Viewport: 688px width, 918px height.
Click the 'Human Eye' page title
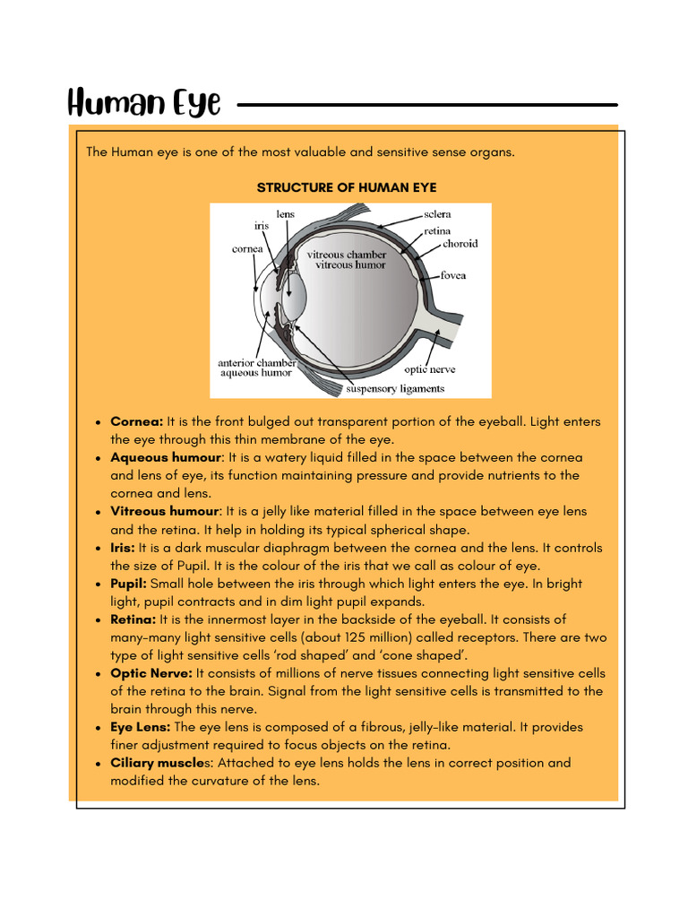pos(144,104)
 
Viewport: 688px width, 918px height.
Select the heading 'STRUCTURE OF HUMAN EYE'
pos(347,187)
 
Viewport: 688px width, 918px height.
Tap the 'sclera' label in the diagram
pos(437,214)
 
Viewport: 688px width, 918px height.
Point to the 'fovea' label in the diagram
pos(452,275)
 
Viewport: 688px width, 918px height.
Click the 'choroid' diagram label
pos(460,243)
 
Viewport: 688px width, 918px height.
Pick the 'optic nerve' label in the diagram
pos(429,368)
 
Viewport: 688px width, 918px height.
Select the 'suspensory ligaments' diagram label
pos(395,389)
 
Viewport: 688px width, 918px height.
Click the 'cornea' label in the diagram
pos(247,249)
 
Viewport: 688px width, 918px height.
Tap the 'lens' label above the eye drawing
pos(285,214)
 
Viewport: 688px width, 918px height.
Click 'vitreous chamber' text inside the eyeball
pos(347,255)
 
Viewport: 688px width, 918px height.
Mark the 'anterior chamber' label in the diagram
pos(256,362)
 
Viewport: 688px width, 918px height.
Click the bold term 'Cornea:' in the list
pos(136,421)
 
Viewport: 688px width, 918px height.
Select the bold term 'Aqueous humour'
pos(165,457)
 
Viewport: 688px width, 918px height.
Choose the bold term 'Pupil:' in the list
pos(128,584)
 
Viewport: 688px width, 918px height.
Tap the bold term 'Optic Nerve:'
pos(150,673)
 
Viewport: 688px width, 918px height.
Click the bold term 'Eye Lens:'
pos(140,727)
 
